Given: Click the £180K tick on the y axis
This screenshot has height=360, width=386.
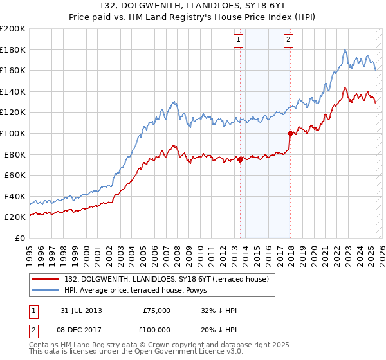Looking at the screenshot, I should coord(13,50).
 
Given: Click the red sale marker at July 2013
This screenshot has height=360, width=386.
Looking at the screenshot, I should coord(241,159).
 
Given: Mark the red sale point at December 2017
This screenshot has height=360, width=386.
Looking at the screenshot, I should coord(290,133).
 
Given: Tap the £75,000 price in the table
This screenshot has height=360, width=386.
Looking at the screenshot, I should coord(156,310).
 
